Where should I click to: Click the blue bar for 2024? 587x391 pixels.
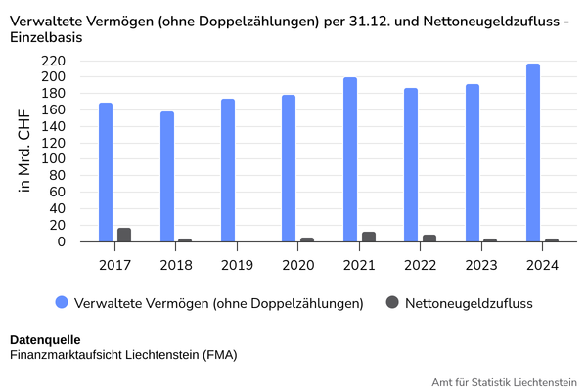[x=533, y=152]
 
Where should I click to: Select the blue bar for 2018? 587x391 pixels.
[x=167, y=177]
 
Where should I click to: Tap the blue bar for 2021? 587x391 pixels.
[x=350, y=159]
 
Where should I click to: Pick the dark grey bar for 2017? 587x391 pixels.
[x=124, y=235]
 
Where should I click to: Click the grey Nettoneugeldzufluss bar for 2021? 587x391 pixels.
[x=369, y=237]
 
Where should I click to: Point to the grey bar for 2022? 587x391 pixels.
[x=429, y=239]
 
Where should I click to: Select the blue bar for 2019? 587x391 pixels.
[x=228, y=170]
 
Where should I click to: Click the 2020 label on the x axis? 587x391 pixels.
[x=298, y=265]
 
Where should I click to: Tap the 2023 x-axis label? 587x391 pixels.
[x=481, y=265]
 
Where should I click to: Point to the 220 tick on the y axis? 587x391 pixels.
[x=53, y=61]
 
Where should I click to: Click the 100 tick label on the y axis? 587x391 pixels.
[x=53, y=158]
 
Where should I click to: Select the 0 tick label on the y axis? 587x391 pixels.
[x=61, y=241]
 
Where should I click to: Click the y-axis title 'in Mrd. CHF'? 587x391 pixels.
[x=23, y=152]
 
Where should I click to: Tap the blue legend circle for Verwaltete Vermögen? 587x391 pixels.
[x=62, y=302]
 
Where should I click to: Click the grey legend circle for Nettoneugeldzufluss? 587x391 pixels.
[x=392, y=302]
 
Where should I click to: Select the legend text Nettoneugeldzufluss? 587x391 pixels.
[x=469, y=303]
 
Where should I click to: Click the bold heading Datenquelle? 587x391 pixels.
[x=45, y=340]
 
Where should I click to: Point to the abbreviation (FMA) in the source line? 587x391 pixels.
[x=220, y=354]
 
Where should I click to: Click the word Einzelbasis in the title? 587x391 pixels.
[x=46, y=37]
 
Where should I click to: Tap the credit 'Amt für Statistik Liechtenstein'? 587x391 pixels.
[x=504, y=382]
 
